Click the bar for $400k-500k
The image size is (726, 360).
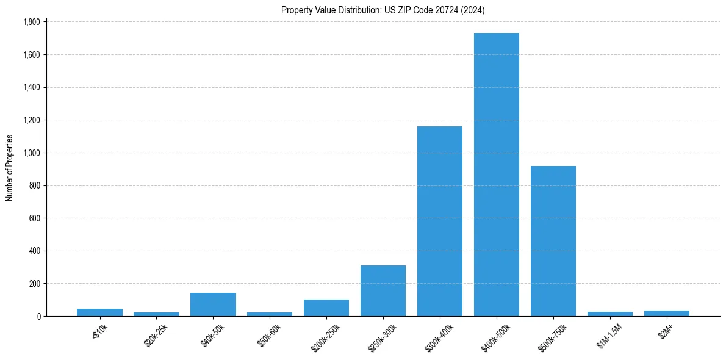497,175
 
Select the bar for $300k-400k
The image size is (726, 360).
440,221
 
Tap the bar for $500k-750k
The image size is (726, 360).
553,241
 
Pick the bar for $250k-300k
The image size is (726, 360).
383,290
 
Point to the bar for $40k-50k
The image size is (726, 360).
213,304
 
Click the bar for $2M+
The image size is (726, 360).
667,313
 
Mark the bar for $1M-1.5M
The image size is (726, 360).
610,314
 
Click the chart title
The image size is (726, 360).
383,10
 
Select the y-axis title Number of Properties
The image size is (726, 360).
10,168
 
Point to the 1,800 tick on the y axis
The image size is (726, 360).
31,22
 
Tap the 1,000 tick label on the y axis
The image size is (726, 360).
31,153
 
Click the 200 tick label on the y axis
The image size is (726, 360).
34,284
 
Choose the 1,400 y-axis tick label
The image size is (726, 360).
31,87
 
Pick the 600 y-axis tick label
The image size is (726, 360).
34,218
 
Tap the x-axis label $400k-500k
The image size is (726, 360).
495,337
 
